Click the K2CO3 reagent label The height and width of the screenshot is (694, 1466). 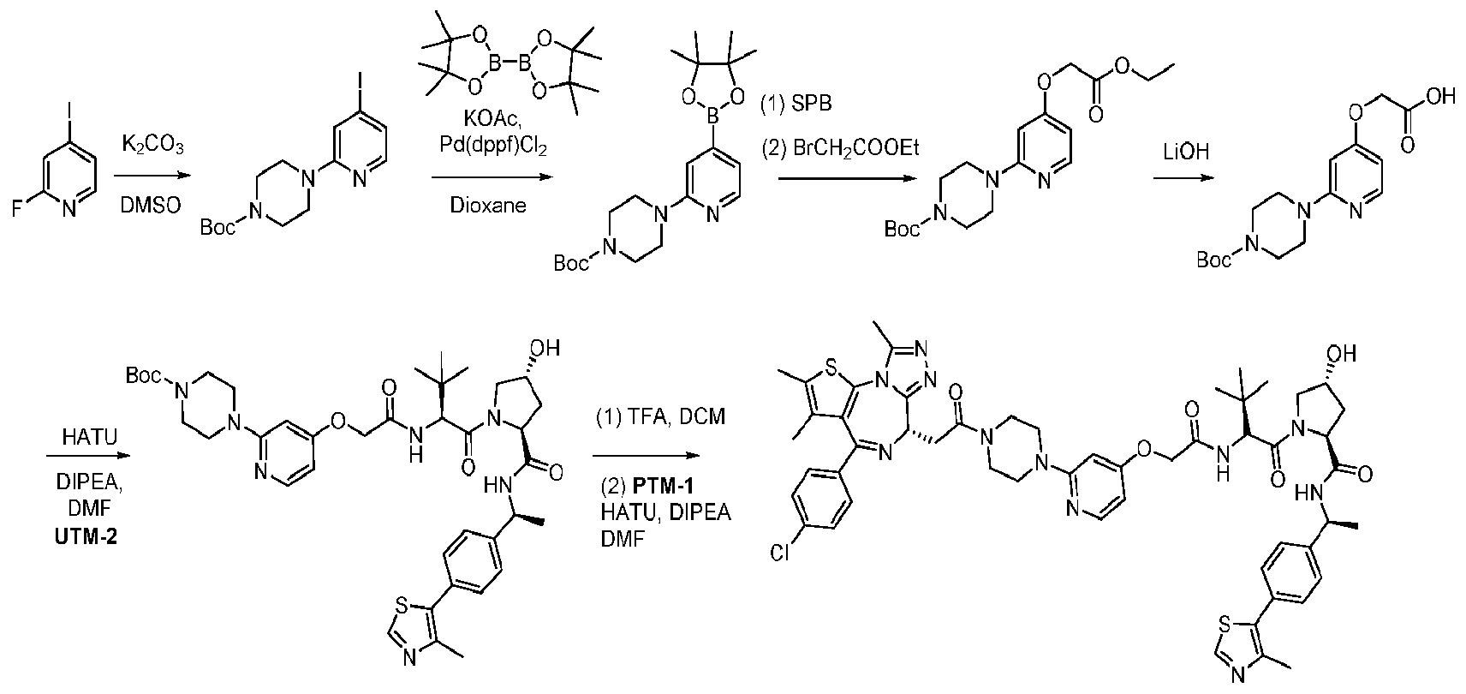(153, 144)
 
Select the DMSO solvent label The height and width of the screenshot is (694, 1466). (151, 205)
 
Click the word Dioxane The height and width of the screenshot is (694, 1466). (488, 206)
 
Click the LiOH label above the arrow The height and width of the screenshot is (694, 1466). (1186, 152)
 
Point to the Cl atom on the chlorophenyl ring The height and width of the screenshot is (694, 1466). (779, 553)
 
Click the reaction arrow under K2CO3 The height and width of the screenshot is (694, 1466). (152, 176)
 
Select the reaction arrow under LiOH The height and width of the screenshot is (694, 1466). (1184, 178)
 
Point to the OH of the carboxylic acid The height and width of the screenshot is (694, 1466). (1440, 96)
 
